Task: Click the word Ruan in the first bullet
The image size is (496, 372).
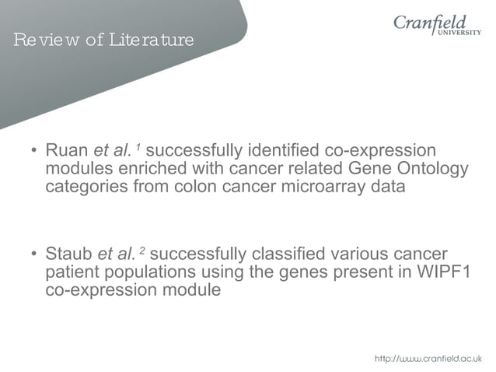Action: pyautogui.click(x=68, y=149)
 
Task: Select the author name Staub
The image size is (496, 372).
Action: pyautogui.click(x=69, y=254)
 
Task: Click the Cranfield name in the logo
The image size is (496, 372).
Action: pyautogui.click(x=432, y=23)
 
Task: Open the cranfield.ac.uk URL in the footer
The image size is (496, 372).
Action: pyautogui.click(x=428, y=358)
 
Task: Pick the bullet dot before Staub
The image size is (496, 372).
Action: pyautogui.click(x=33, y=254)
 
